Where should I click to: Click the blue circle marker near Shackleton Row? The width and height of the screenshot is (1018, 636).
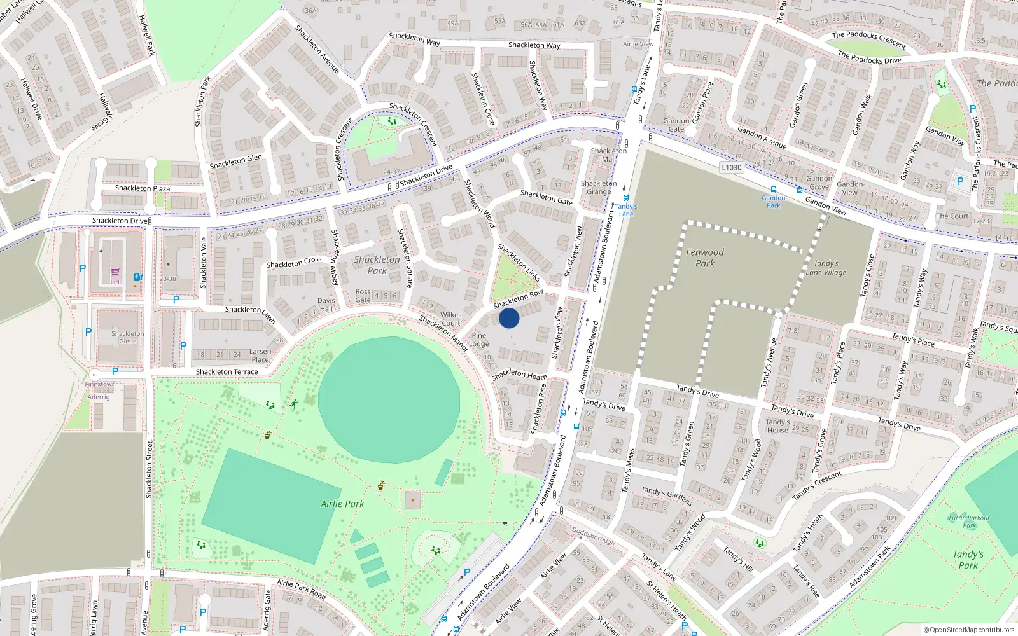coord(509,318)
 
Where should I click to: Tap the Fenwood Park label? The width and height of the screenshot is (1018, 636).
coord(705,258)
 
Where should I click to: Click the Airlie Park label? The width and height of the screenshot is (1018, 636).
coord(342,504)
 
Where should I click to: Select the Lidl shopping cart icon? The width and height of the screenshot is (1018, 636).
coord(115,272)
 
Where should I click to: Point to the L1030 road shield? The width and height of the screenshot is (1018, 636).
coord(731,167)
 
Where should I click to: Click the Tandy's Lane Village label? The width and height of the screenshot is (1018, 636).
coord(826,268)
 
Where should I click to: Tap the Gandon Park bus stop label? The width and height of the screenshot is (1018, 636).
coord(773,202)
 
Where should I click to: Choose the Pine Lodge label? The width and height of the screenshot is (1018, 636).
coord(479,340)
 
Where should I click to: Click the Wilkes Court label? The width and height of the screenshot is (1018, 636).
coord(450,319)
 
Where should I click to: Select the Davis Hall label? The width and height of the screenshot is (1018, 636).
coord(326,305)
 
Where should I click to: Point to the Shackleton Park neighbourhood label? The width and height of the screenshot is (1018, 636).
coord(377,265)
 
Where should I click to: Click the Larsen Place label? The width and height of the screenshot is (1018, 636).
coord(260,355)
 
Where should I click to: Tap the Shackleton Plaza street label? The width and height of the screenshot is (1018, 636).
coord(143,188)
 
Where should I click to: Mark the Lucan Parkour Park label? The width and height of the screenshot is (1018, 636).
coord(969,522)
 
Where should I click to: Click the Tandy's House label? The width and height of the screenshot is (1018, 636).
coord(777,426)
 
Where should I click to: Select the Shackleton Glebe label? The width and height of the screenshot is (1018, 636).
coord(127,337)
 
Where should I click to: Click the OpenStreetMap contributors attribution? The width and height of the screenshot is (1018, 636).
coord(968,630)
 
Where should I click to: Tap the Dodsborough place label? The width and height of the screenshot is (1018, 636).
coord(593,536)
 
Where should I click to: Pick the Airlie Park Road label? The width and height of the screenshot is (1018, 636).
coord(301,590)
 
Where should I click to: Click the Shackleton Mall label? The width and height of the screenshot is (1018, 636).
coord(609,155)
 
